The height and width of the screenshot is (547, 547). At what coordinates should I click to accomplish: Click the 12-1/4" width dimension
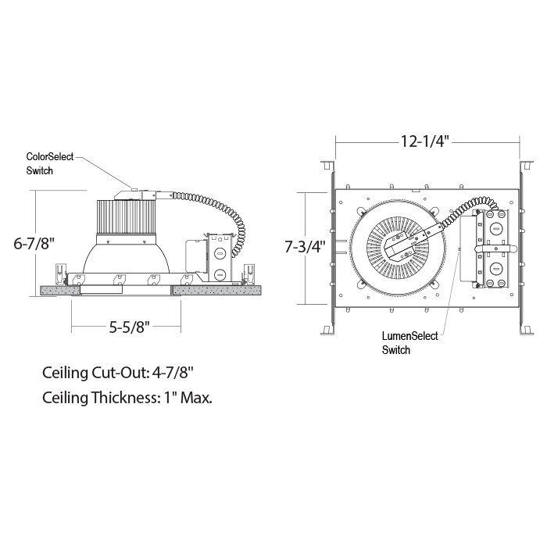click(x=424, y=141)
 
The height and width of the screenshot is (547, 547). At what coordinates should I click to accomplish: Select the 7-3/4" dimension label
click(x=305, y=247)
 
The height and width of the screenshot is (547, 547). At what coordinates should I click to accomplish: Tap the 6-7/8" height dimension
click(x=34, y=243)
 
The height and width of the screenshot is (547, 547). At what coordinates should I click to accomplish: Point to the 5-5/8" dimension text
click(x=130, y=327)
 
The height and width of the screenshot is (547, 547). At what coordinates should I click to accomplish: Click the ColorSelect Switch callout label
click(x=50, y=163)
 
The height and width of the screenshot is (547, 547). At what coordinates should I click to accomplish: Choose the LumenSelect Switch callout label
click(x=409, y=342)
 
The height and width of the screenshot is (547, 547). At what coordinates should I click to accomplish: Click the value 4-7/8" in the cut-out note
click(x=173, y=373)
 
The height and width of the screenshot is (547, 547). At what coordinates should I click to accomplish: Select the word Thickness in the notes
click(x=123, y=397)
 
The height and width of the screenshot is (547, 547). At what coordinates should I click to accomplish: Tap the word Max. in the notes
click(x=196, y=397)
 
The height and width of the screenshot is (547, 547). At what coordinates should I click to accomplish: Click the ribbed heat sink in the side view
click(x=125, y=216)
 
